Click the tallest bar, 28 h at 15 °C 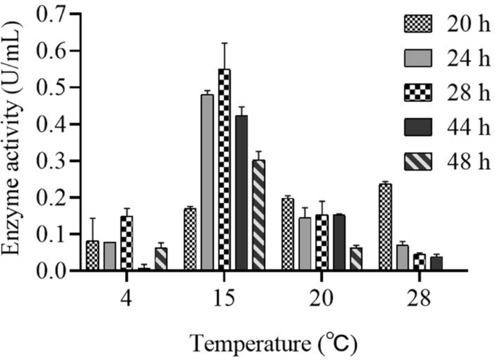(224, 171)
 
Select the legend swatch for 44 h (416, 127)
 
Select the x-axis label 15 (224, 297)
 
